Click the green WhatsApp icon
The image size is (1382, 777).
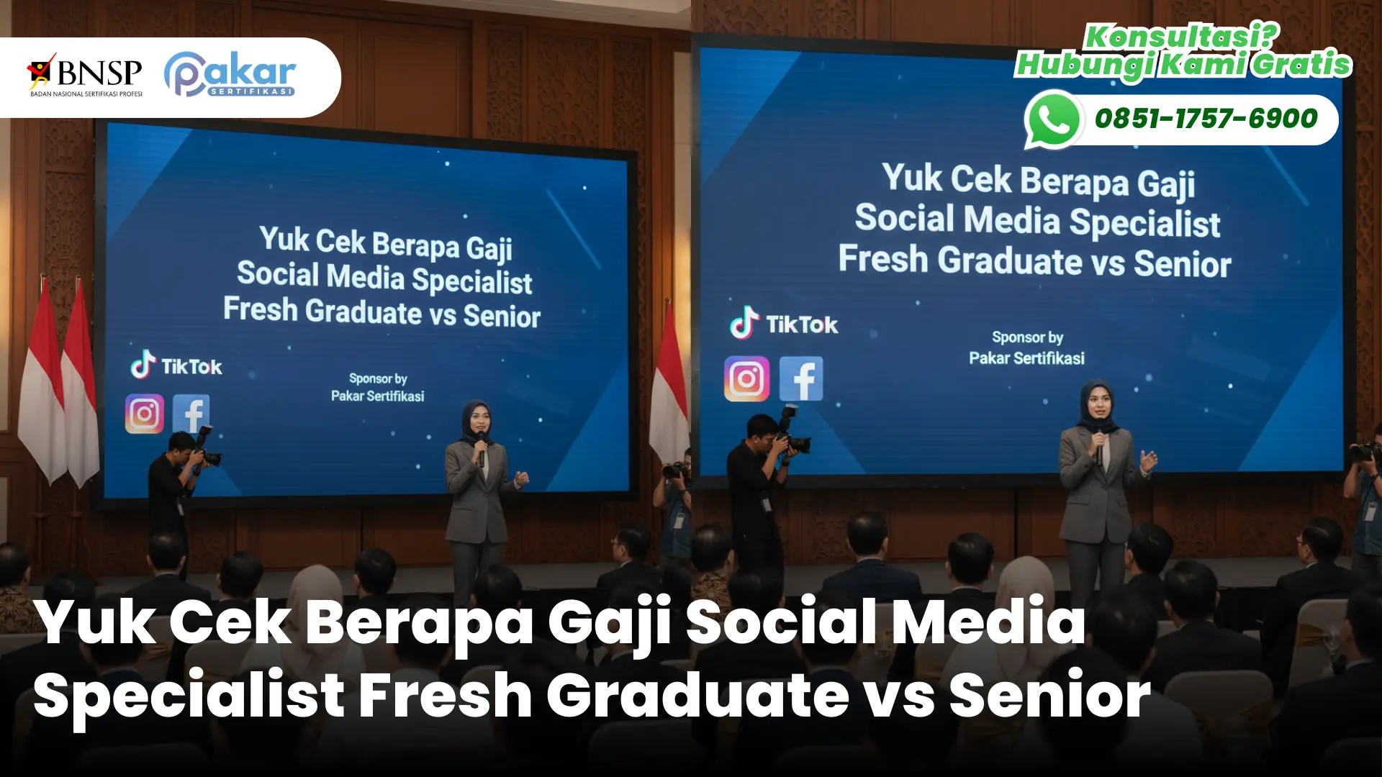[1054, 119]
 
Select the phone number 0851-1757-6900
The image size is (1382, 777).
[1206, 119]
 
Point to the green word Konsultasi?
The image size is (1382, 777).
[1181, 37]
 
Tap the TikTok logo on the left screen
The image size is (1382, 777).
[176, 365]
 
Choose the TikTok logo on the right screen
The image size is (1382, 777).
[784, 324]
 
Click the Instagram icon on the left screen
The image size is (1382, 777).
[145, 414]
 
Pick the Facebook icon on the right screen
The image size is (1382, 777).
[801, 378]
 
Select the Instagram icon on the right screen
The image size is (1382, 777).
[746, 378]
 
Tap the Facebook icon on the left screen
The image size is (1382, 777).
[191, 414]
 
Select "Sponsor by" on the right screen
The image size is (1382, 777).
[1027, 337]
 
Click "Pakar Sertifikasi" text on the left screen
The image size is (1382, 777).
[377, 396]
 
